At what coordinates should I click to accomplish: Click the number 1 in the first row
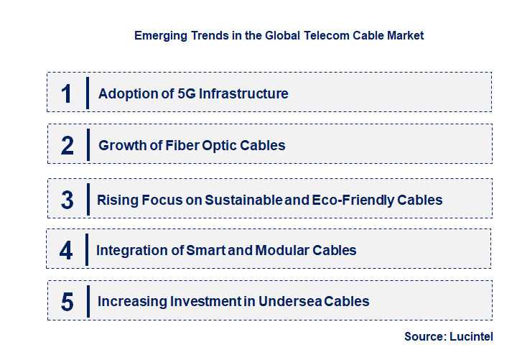click(67, 93)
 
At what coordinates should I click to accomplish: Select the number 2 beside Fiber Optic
click(67, 145)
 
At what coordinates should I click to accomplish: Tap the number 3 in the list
click(67, 200)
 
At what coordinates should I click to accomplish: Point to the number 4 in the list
click(67, 251)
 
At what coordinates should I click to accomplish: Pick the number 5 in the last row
click(67, 302)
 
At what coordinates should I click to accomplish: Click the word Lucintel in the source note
click(472, 336)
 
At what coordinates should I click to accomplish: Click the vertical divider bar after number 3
click(87, 198)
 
